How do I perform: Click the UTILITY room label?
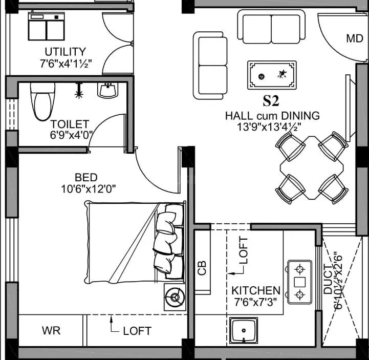point(65,51)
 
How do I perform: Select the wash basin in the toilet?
point(107,91)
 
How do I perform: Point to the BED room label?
point(85,177)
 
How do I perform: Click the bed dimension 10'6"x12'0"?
point(88,188)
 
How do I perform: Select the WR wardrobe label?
point(51,331)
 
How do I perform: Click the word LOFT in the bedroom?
point(137,331)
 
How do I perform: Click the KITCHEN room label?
point(255,290)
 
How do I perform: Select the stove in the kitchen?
point(299,282)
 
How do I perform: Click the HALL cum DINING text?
point(272,116)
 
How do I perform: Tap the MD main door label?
point(354,38)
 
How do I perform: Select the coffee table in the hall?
point(271,75)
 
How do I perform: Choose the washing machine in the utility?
point(47,26)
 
